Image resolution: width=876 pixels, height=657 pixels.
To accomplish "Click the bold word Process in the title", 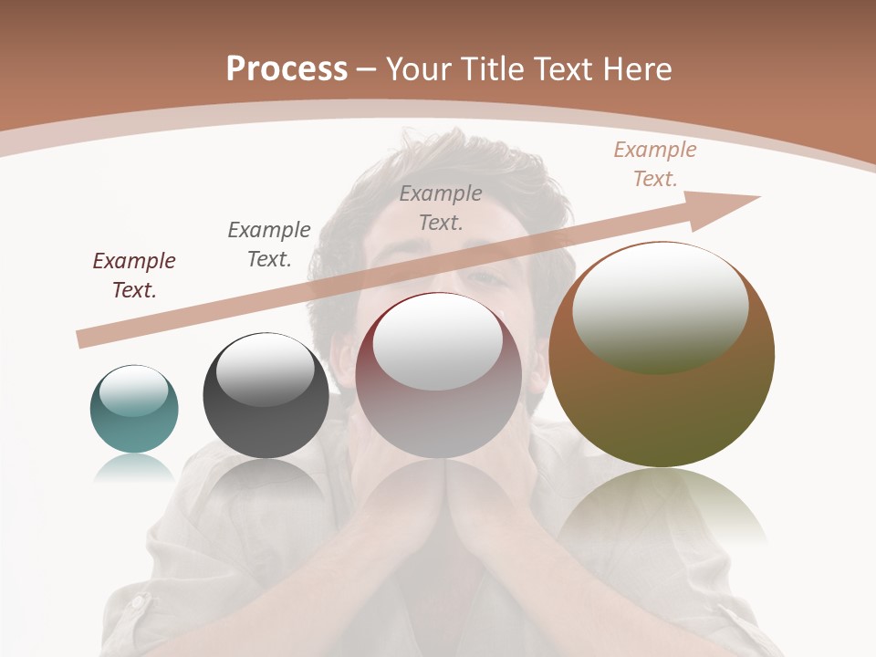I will (287, 69).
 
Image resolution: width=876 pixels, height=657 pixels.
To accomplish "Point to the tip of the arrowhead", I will (759, 196).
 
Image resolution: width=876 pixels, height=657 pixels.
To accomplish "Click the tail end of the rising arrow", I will (80, 339).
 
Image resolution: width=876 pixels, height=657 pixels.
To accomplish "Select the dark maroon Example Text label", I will (134, 276).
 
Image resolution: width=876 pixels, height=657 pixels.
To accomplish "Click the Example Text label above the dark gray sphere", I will (269, 245).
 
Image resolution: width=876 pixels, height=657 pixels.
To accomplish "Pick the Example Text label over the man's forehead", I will (441, 207).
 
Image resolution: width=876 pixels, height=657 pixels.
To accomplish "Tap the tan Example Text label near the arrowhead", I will (655, 164).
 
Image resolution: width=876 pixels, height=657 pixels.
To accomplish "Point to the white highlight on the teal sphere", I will (133, 390).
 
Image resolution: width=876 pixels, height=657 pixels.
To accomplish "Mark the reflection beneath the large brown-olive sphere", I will (662, 506).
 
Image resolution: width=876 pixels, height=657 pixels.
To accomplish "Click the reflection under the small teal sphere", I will (134, 467).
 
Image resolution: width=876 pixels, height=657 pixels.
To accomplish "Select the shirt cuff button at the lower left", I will (137, 602).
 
